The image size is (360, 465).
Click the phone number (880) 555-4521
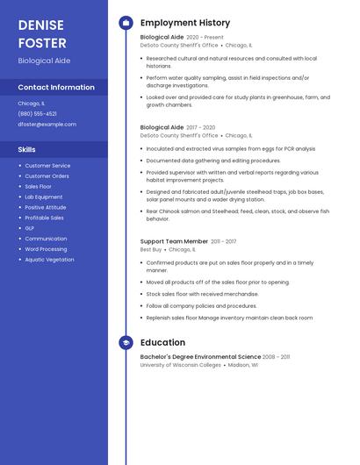pos(37,113)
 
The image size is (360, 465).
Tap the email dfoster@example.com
pos(47,125)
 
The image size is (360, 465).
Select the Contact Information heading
pos(56,88)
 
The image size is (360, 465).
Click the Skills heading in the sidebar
pos(27,150)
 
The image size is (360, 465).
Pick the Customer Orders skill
pos(47,176)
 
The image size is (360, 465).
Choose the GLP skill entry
pos(30,228)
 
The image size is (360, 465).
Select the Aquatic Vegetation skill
pos(49,260)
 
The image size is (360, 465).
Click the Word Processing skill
pos(46,249)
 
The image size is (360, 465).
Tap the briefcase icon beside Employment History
pos(126,23)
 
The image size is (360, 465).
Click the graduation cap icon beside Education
pos(126,342)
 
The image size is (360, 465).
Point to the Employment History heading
pos(185,23)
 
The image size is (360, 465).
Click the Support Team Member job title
pos(174,241)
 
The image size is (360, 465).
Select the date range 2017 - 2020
pos(200,127)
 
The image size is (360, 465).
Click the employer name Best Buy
pos(151,249)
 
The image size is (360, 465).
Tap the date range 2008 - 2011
pos(277,357)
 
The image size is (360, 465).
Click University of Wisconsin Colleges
pos(180,365)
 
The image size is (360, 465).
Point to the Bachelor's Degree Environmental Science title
pos(200,357)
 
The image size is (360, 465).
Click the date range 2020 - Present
pos(205,38)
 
